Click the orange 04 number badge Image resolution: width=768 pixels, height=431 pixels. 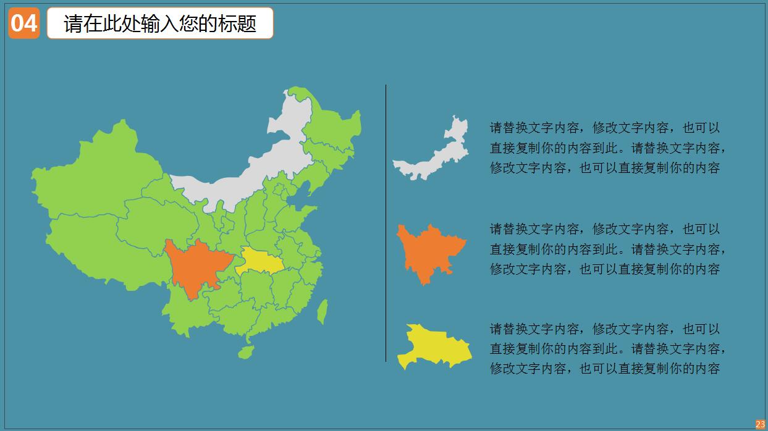(24, 23)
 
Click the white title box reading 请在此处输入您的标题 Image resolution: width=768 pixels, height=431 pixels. (160, 23)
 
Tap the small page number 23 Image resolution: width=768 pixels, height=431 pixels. (760, 424)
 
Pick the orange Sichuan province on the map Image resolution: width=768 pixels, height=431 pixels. (195, 266)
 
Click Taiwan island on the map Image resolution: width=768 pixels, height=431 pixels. (322, 312)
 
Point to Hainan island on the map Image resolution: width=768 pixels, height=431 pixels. (246, 353)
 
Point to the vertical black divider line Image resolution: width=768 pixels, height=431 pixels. (386, 222)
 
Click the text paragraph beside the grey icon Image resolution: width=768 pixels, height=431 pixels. (607, 148)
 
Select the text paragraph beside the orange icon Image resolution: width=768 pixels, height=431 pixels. (607, 249)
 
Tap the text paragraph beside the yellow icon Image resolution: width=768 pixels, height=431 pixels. (607, 349)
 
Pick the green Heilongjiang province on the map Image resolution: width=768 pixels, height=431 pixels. (331, 123)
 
